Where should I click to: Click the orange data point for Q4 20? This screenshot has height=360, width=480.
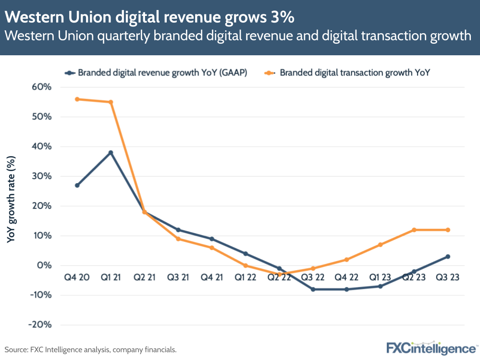(77, 99)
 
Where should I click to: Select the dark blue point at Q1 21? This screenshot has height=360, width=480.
(111, 153)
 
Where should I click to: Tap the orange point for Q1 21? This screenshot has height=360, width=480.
(111, 102)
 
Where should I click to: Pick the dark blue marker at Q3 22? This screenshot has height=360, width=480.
(313, 289)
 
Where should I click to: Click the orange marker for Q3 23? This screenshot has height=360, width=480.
(448, 230)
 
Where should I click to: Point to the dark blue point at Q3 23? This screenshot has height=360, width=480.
(448, 257)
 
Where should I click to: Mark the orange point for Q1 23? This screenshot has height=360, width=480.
(380, 245)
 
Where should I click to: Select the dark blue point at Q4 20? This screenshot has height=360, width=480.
(77, 186)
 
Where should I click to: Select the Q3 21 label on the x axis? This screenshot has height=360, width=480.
(178, 278)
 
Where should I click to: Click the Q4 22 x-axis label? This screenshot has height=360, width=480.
(346, 278)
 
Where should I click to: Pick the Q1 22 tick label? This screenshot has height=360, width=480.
(245, 278)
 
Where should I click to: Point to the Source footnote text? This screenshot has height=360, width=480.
(91, 349)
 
